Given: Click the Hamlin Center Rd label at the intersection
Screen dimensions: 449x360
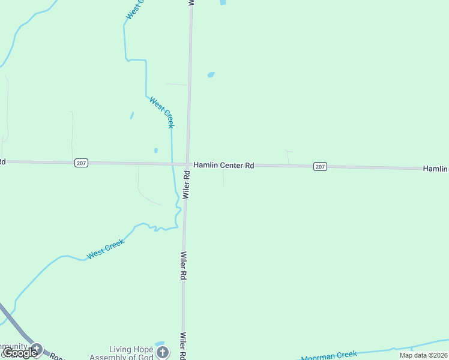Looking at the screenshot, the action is pos(223,165).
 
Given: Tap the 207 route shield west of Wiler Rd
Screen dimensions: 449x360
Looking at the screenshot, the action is pos(82,163).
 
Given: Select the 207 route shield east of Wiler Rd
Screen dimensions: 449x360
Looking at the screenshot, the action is pos(320,166).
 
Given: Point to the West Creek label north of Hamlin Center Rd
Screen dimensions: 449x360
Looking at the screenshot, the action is pos(162,112).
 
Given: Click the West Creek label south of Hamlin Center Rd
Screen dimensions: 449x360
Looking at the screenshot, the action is pos(105,249).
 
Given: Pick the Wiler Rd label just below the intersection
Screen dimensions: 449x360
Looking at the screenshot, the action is pos(187,184).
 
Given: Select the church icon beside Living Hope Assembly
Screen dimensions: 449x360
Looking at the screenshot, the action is pos(163,353).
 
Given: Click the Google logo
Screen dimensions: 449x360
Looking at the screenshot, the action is pos(20,353).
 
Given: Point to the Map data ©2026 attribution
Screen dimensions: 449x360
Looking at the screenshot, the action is pos(423,355).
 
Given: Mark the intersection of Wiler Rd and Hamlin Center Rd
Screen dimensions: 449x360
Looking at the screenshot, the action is pos(188,164).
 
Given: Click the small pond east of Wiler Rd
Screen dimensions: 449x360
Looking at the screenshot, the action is pos(211,75).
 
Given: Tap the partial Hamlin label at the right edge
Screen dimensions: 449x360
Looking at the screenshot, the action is pos(436,169).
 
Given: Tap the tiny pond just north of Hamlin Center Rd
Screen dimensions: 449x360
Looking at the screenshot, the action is pos(155,151).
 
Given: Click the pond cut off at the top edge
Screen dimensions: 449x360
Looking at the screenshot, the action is pos(223,2).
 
